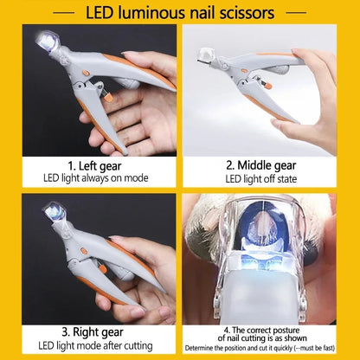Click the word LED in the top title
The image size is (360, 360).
(104, 13)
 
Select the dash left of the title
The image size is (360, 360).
(64, 13)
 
